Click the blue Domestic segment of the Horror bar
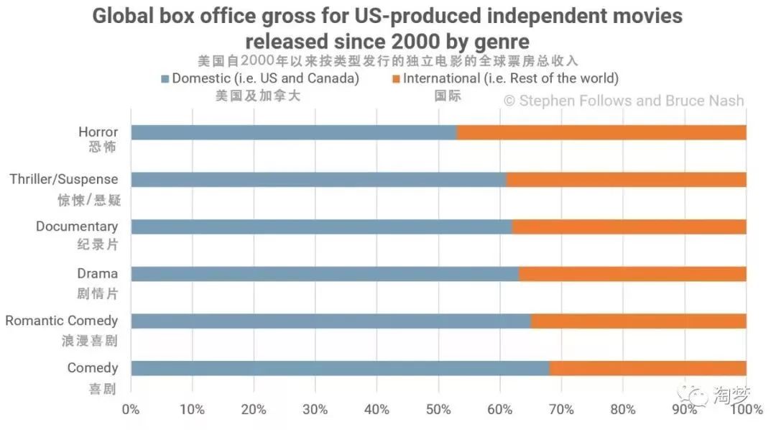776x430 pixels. [x=293, y=132]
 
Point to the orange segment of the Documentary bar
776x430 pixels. [x=629, y=227]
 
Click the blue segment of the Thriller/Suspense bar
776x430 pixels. [x=318, y=180]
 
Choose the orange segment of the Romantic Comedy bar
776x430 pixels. [x=639, y=321]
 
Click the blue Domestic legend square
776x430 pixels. [x=165, y=78]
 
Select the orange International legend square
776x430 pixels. [x=395, y=78]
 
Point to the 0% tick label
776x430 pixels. [x=131, y=410]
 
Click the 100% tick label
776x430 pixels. [x=746, y=410]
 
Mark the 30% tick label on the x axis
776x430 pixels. [x=315, y=410]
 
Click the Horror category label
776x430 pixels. [x=98, y=132]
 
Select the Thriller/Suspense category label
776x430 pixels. [x=64, y=179]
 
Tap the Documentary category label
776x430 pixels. [x=77, y=227]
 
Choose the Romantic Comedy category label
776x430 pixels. [x=62, y=321]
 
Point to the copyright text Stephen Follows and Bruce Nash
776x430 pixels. [x=624, y=101]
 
